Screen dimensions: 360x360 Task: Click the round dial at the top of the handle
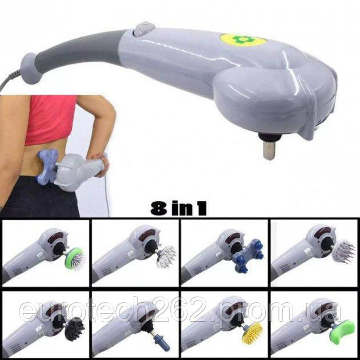[x=144, y=29]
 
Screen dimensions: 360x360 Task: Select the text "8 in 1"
[x=178, y=208]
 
